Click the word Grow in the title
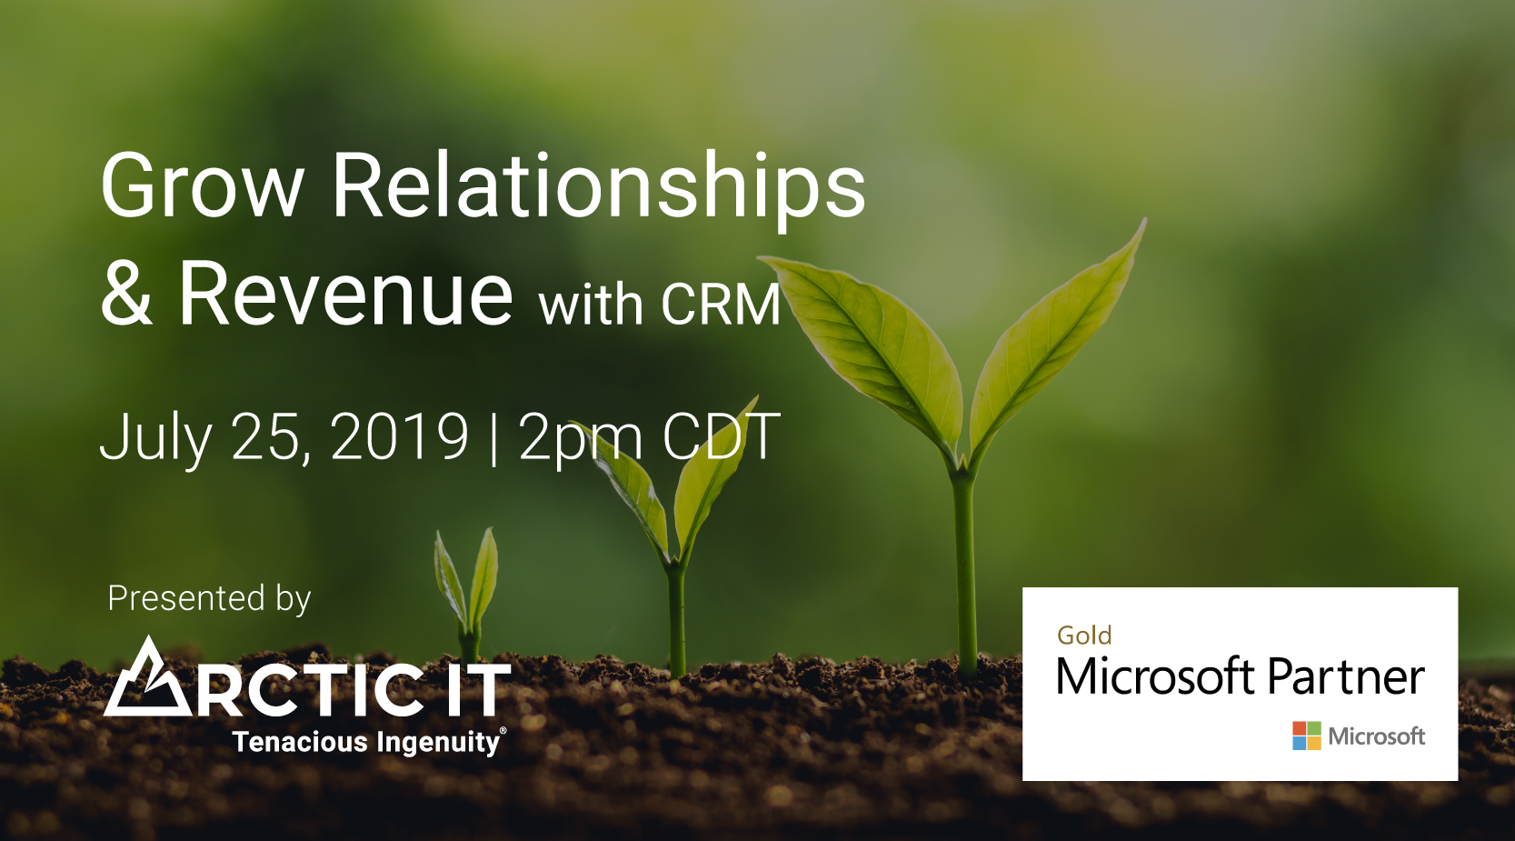point(202,185)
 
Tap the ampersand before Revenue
point(126,292)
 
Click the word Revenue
point(345,292)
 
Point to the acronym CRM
point(721,305)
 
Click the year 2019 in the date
point(400,436)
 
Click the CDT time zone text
point(721,436)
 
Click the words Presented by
point(209,599)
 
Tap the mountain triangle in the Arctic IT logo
point(146,676)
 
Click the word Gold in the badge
point(1084,636)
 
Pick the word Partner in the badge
point(1346,676)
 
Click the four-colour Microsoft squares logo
point(1307,736)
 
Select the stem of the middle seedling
point(676,619)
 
